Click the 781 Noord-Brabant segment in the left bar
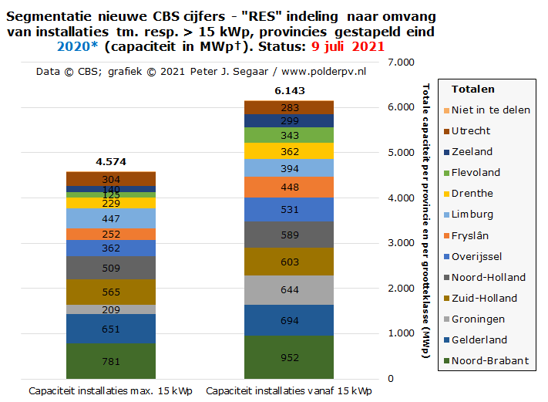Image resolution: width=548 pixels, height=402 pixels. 111,361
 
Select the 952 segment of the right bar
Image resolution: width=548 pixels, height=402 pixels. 290,357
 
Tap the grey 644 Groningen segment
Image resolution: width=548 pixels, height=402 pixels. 290,290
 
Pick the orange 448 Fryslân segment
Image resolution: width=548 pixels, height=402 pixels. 290,187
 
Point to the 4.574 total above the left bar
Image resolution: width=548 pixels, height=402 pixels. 111,162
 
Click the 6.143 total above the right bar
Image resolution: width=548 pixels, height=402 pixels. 290,91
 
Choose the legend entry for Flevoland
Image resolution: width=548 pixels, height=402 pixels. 476,172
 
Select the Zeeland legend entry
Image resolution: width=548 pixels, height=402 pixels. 472,151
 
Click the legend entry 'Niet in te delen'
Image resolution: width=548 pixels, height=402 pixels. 490,110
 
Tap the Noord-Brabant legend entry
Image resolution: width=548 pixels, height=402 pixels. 489,360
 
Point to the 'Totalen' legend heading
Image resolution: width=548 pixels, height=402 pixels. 472,90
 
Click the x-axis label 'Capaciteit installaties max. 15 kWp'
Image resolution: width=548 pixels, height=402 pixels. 111,390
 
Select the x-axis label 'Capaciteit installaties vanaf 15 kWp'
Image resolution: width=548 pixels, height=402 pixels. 290,390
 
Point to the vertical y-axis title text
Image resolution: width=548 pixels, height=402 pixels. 426,220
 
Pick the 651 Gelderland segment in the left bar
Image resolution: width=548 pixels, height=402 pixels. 111,329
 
